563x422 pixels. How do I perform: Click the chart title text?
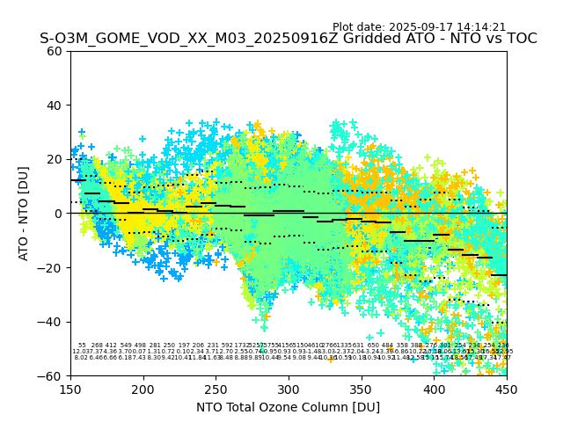pos(288,39)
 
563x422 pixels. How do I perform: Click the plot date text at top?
pos(419,27)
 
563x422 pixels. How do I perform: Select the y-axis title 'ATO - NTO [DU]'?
pos(24,214)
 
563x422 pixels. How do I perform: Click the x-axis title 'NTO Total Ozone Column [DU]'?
pos(288,407)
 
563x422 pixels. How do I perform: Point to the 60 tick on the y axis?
pos(55,51)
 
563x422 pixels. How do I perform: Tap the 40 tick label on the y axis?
pos(55,105)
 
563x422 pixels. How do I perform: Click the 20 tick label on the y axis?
pos(55,159)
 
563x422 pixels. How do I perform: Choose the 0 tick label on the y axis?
pos(58,214)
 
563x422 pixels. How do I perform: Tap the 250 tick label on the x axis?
pos(216,389)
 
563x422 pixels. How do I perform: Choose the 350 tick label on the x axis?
pos(362,389)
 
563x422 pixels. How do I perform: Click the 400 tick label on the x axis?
pos(434,389)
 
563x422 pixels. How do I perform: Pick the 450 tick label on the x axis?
pos(507,389)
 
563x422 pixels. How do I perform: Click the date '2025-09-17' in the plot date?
pos(423,27)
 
